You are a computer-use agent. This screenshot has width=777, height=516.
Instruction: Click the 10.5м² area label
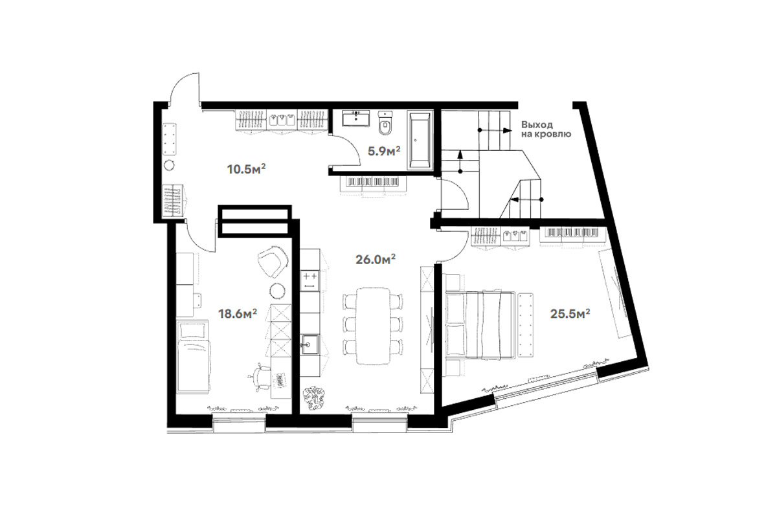tap(246, 169)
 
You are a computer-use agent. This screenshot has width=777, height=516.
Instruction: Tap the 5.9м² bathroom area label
tap(384, 151)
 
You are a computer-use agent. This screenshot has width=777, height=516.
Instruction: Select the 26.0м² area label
tap(376, 259)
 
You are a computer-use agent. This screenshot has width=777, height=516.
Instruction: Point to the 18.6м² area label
tap(237, 313)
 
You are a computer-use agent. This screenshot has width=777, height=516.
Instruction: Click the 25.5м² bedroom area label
tap(570, 313)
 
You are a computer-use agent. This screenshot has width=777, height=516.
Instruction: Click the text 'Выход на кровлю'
tap(546, 129)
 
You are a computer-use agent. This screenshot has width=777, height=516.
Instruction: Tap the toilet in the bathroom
tap(385, 123)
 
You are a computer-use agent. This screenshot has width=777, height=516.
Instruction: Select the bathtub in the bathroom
tap(420, 140)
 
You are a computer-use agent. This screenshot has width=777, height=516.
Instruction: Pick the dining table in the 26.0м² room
tap(373, 326)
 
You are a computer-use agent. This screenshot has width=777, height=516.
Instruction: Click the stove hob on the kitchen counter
tap(310, 280)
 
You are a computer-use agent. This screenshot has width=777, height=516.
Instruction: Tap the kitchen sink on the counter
tap(310, 344)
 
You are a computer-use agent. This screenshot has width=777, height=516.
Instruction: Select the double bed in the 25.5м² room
tap(480, 324)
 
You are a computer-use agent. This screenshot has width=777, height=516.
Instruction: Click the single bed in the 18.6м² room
tap(193, 357)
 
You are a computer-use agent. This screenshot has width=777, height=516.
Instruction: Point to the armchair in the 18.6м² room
tap(273, 262)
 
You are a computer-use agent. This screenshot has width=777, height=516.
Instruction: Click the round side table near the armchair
tap(278, 290)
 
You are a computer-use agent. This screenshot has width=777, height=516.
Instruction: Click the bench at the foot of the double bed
tap(526, 324)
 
